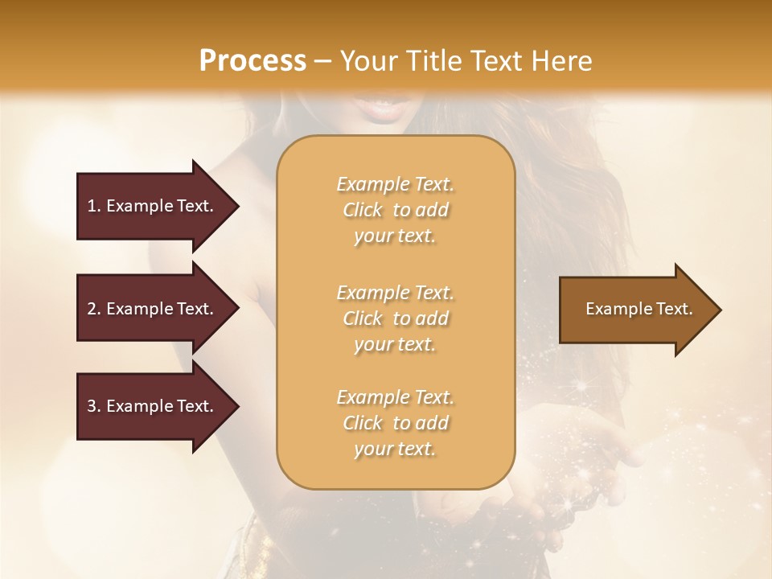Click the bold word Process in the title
pos(253,61)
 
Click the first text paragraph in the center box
pos(395,210)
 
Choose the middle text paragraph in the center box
pos(395,318)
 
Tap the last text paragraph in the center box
pos(395,423)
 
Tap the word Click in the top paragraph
pos(363,210)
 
